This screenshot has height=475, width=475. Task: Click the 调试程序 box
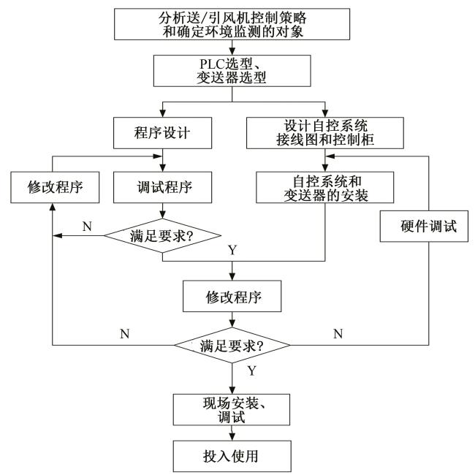point(162,186)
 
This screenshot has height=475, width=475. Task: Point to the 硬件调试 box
point(428,226)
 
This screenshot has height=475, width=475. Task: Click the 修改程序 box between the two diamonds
point(232,297)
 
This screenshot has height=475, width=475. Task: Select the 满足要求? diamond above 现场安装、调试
point(232,346)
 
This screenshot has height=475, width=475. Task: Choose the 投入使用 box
point(232,456)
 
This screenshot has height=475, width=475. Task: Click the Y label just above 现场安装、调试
point(251,370)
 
